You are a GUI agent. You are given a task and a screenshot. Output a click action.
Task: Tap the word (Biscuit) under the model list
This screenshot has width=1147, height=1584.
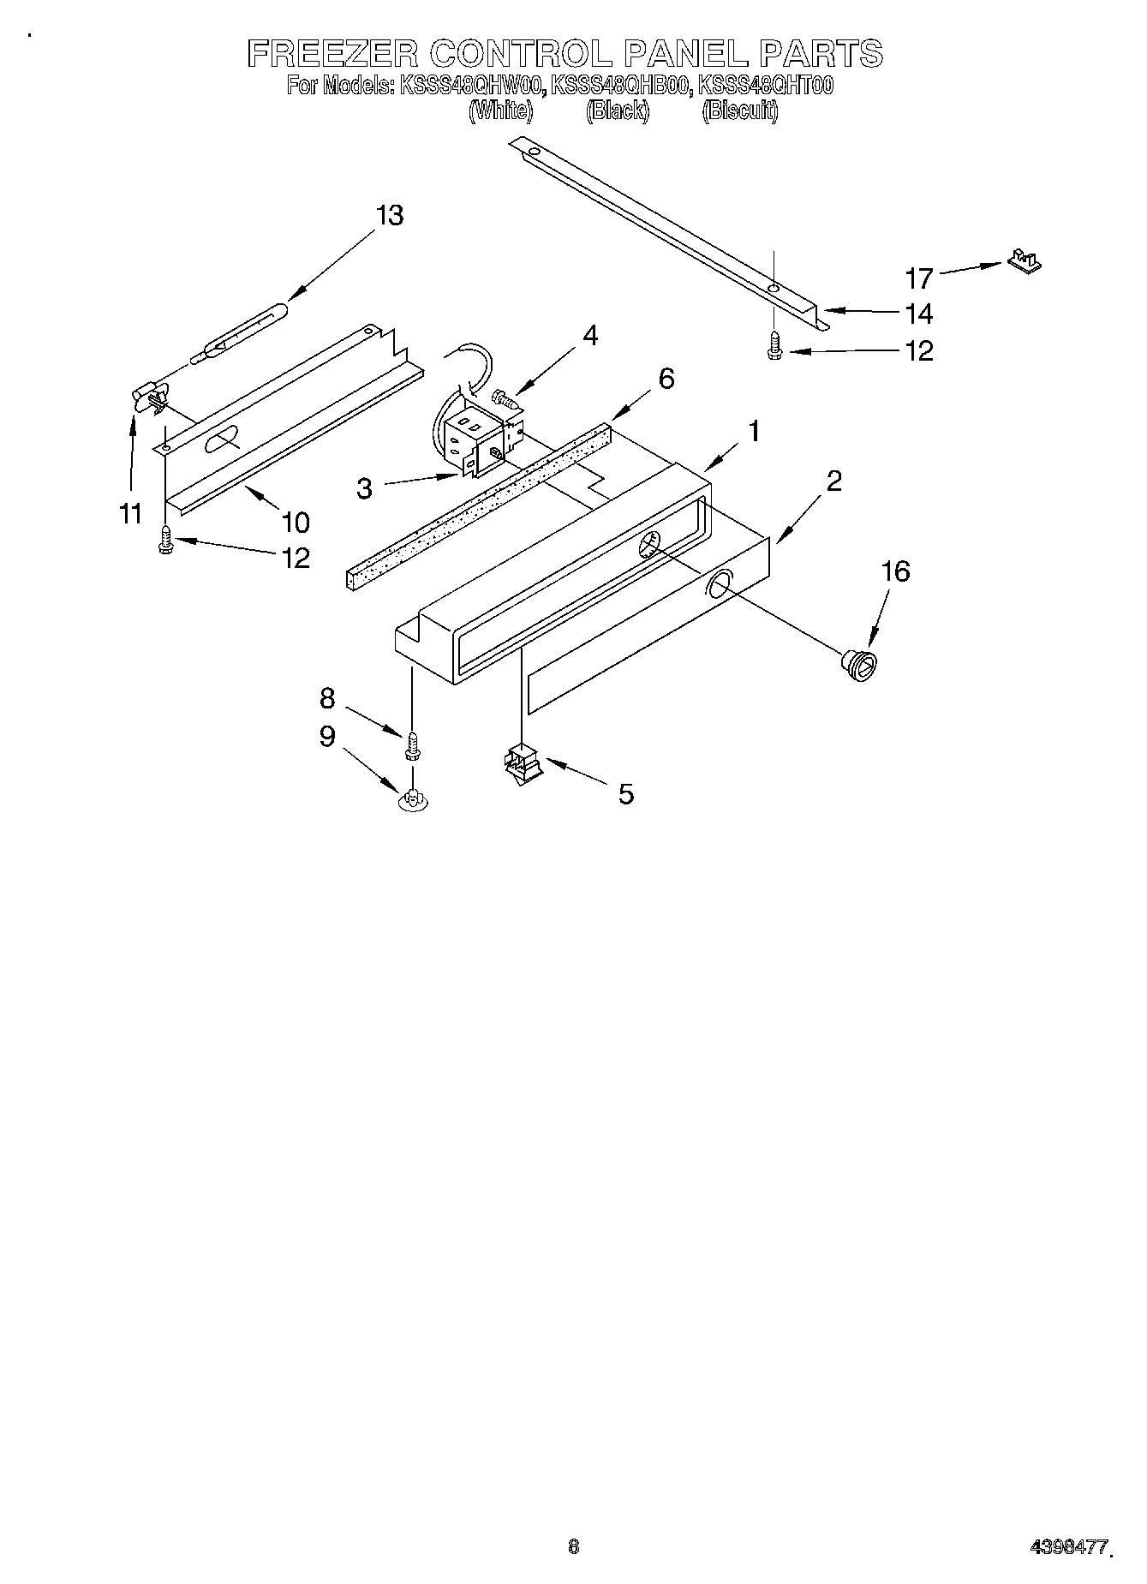point(740,111)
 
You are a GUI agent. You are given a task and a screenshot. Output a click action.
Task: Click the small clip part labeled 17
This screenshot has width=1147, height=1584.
point(1024,260)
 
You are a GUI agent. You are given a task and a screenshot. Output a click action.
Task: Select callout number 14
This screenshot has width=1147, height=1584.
point(918,314)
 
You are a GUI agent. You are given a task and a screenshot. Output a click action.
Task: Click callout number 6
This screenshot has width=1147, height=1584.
point(666,379)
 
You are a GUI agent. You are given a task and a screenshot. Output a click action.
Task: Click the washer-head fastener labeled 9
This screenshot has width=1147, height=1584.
point(413,798)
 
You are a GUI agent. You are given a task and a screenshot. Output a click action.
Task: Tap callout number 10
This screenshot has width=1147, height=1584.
point(294,522)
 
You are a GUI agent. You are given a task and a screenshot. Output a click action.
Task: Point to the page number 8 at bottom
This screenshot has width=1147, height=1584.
point(573,1546)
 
